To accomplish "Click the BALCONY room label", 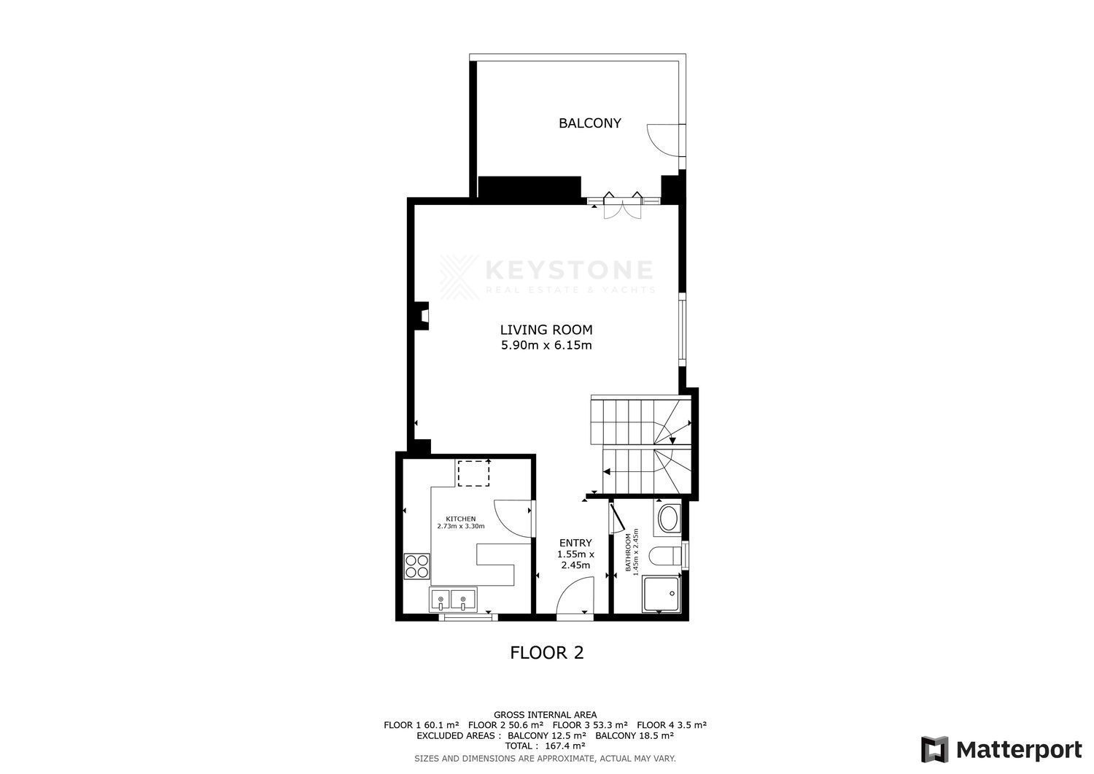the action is click(589, 123).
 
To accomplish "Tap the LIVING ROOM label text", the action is click(546, 330).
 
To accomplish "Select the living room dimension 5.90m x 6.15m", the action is click(546, 346).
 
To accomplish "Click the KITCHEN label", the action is click(460, 519).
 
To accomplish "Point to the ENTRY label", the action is click(575, 543).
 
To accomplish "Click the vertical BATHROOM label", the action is click(628, 552).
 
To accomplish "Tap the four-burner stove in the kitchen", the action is click(417, 566).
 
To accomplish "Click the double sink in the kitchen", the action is click(453, 600).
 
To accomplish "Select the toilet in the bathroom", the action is click(665, 556).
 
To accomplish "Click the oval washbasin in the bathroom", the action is click(667, 519).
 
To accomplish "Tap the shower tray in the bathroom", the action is click(662, 594).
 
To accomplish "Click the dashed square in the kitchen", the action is click(473, 473).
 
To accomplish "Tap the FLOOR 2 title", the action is click(546, 653).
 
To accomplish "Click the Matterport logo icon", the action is click(935, 750).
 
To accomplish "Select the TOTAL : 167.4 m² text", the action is click(545, 746).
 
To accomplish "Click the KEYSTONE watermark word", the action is click(569, 270).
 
